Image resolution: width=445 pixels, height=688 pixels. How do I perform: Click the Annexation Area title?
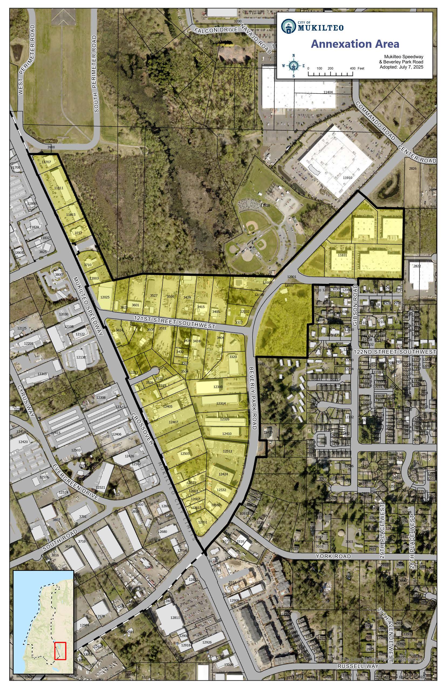tap(355, 44)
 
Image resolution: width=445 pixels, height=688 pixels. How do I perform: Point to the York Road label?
tap(333, 556)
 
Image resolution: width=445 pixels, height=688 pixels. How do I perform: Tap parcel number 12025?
tap(105, 297)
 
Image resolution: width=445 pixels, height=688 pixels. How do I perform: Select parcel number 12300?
tap(218, 387)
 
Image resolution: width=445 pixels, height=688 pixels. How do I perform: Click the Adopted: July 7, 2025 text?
tap(401, 67)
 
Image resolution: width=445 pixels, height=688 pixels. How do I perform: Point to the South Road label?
tap(60, 540)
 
